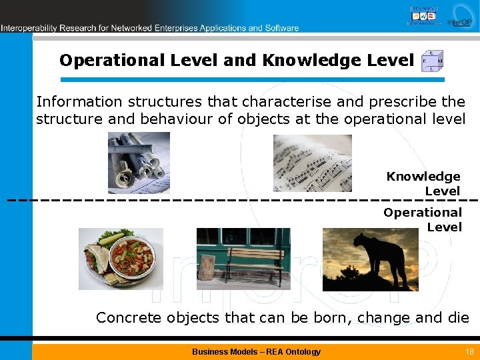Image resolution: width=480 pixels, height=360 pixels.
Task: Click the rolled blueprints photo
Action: [x=139, y=163]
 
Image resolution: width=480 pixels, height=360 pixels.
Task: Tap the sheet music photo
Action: [x=312, y=163]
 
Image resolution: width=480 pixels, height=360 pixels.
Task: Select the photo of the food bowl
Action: [x=120, y=259]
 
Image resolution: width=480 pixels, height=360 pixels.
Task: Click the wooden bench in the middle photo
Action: [x=256, y=262]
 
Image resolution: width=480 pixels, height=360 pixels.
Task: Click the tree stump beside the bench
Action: [x=207, y=267]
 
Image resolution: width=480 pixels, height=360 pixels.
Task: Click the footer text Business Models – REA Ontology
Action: [x=256, y=351]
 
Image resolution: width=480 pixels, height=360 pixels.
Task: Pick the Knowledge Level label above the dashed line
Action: [x=424, y=183]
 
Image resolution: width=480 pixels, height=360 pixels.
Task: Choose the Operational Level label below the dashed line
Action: [x=423, y=219]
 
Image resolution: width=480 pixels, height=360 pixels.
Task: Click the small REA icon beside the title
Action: [x=432, y=61]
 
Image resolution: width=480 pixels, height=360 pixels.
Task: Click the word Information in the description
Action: [x=79, y=102]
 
